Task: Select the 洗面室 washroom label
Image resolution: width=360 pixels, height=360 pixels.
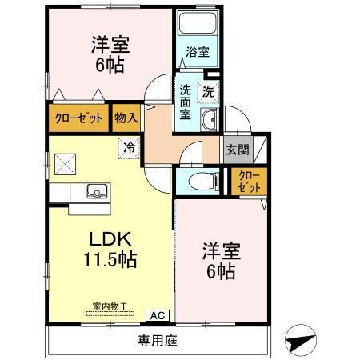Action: coord(185,103)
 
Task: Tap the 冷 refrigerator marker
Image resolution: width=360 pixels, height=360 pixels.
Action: coord(127,147)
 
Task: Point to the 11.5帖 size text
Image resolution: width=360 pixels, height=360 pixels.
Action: coord(109,259)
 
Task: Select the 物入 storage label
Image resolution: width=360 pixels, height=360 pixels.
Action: coord(126,118)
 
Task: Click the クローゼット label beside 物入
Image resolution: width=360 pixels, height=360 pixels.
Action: coord(78,118)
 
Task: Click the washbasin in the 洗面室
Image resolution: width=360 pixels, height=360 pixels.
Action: coord(207,122)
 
